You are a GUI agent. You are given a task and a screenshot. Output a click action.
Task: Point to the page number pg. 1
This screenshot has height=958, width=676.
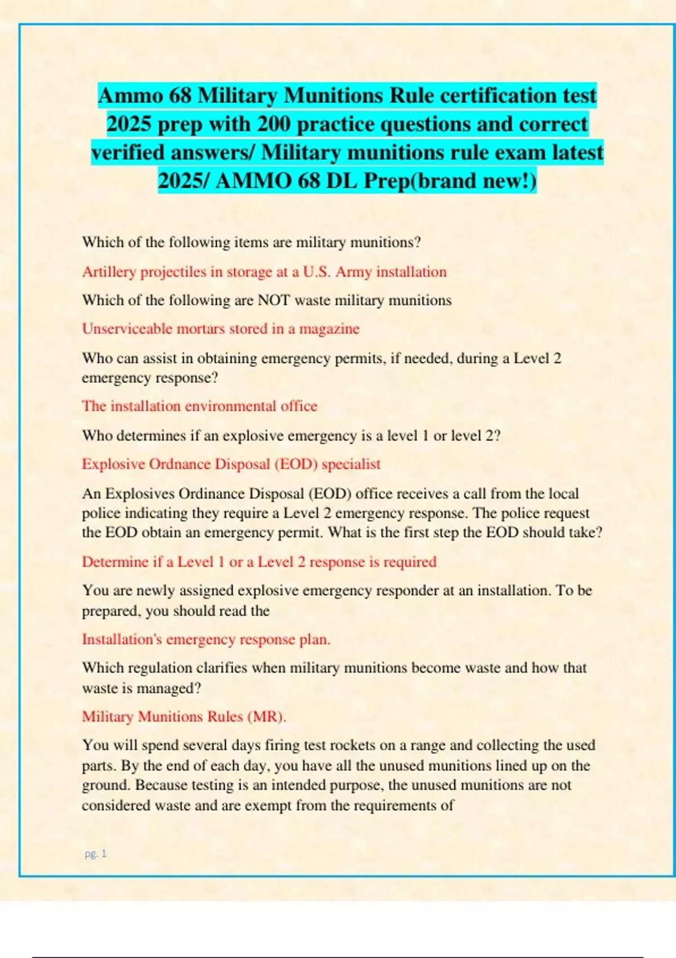[x=95, y=854]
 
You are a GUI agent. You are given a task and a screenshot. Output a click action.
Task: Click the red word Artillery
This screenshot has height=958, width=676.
[x=109, y=272]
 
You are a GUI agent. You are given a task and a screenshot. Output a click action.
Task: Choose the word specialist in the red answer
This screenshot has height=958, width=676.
[x=351, y=464]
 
